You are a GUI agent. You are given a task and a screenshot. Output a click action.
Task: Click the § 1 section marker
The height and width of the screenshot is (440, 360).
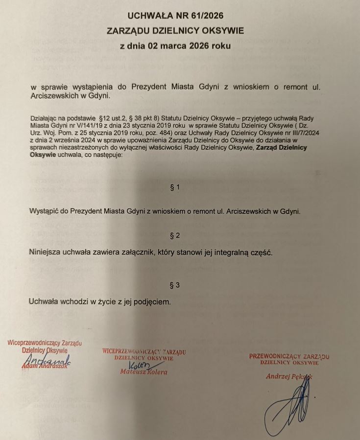coord(175,187)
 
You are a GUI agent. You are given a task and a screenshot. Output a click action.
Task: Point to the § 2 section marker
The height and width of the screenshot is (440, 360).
coord(175,235)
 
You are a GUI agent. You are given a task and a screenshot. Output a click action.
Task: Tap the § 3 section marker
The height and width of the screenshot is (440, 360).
coord(175,284)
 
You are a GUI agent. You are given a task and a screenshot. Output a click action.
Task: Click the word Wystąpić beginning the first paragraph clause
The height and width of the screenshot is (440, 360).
coord(46,211)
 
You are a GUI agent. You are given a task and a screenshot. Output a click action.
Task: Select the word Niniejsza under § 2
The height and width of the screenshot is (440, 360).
coord(46,253)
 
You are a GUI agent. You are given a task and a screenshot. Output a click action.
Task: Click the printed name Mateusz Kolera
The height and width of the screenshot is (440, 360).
coord(144,372)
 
